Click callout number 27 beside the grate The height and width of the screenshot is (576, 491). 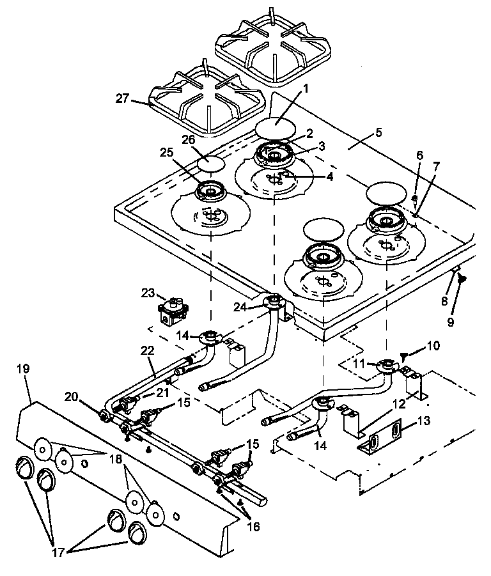[121, 99]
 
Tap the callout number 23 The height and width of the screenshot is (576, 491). [149, 293]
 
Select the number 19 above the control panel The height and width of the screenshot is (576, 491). [24, 370]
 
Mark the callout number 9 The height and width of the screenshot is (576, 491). [450, 322]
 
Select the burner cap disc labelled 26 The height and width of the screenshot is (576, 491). [210, 163]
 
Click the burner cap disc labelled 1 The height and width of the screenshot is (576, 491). [276, 127]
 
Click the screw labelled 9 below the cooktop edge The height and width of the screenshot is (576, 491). [462, 278]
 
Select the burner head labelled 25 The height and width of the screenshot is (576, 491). [209, 191]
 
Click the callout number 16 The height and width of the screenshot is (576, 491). [254, 528]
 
